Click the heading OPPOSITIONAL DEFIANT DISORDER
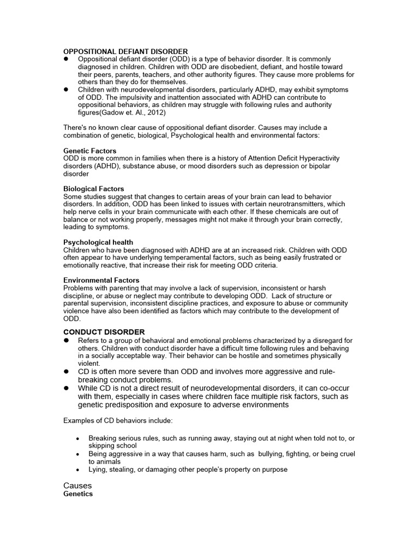click(125, 51)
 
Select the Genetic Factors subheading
click(90, 151)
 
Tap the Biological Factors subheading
click(94, 189)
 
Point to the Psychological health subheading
click(98, 242)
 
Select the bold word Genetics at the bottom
click(78, 493)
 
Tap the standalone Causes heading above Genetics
click(77, 485)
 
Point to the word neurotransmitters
click(312, 204)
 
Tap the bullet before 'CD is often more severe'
click(66, 371)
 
